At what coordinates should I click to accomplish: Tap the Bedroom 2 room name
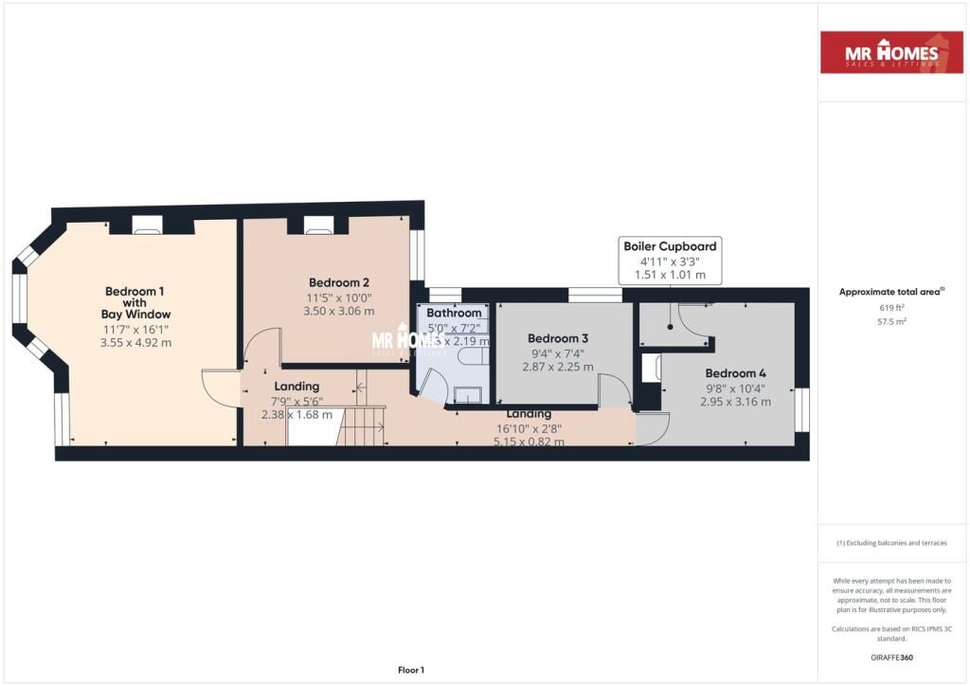point(338,282)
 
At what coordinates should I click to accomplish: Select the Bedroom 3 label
point(558,338)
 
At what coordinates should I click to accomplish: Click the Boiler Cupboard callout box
point(670,261)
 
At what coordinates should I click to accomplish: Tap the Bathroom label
point(454,313)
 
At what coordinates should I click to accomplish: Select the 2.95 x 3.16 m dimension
point(735,402)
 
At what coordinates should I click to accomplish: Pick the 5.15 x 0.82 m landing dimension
point(528,442)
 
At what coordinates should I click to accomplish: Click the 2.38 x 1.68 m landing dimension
point(296,414)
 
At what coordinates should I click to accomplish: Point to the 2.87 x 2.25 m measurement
point(558,367)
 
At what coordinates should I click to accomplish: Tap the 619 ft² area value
point(891,308)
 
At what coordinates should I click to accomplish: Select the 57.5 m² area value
point(891,322)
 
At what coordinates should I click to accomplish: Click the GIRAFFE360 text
point(891,657)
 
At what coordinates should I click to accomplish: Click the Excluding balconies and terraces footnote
point(891,543)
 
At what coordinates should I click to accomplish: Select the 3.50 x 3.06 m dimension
point(338,311)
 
